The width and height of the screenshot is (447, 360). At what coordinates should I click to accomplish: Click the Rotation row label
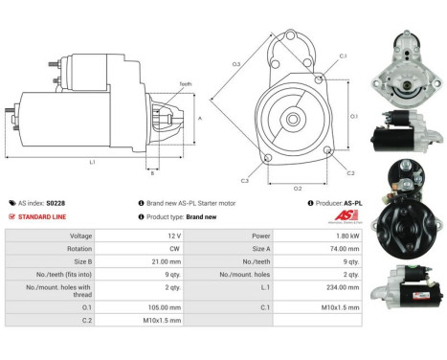(x=79, y=247)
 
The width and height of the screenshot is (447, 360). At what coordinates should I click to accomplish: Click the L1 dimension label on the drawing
(x=92, y=162)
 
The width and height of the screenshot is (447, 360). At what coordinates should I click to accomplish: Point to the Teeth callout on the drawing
(x=185, y=84)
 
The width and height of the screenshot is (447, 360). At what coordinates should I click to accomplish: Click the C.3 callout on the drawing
(x=245, y=180)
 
